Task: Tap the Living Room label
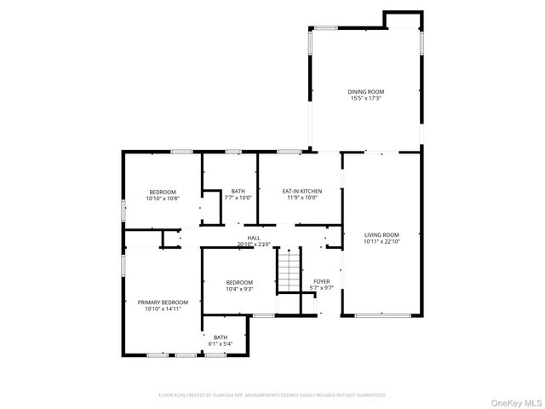(381, 234)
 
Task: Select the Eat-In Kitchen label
(301, 191)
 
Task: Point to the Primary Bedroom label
(163, 302)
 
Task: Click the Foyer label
(321, 281)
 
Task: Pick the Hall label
(254, 238)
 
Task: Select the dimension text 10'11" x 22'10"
(381, 241)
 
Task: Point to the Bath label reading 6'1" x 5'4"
(221, 337)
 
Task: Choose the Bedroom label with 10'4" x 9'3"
(239, 282)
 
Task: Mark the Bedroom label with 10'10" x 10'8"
(163, 192)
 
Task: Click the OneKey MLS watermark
(513, 400)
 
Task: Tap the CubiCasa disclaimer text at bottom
(272, 395)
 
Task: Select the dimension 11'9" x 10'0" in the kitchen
(301, 198)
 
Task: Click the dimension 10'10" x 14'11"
(163, 308)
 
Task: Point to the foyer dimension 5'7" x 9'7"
(321, 288)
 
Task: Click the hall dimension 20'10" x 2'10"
(254, 245)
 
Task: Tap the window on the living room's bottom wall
(381, 315)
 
